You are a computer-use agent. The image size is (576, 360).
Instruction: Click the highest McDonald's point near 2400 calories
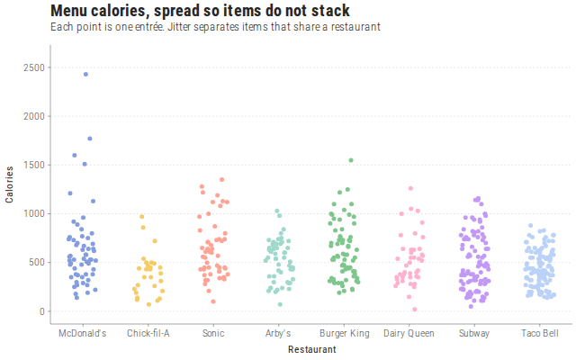85,74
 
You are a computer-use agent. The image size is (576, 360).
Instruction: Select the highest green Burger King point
351,160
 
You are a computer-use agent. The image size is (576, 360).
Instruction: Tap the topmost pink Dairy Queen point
410,188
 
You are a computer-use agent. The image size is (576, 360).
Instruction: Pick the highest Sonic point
222,180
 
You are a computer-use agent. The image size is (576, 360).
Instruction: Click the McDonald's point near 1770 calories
90,139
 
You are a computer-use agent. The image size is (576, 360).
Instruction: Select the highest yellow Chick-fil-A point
142,217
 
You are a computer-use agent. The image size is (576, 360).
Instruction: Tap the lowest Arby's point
280,304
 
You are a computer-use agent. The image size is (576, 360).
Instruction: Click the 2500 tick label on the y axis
34,67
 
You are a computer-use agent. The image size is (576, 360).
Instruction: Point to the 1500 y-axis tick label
34,165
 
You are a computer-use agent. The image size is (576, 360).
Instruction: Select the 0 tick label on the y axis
42,311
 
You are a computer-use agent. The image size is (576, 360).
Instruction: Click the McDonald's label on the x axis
83,333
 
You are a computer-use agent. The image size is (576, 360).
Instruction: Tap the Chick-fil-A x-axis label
148,333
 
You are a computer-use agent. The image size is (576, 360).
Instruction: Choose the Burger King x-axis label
344,334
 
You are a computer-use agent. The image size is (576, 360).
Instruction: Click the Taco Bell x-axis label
540,333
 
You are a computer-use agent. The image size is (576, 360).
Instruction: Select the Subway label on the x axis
474,334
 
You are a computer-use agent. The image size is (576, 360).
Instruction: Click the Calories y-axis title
9,184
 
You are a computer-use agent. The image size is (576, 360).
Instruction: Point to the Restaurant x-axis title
312,349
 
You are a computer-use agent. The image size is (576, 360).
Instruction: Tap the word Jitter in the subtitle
179,27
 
